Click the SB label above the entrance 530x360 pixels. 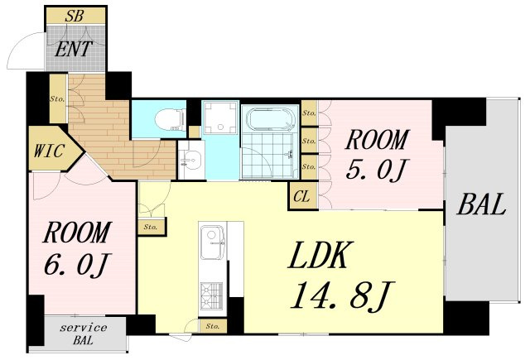tap(75, 16)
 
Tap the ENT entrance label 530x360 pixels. tap(74, 49)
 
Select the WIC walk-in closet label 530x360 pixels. tap(49, 151)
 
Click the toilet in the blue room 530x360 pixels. tap(170, 119)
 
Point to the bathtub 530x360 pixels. tap(272, 119)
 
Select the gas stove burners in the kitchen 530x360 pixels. tap(212, 296)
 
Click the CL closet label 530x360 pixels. tap(301, 196)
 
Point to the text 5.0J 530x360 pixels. tap(375, 169)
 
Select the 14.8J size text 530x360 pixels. tap(341, 295)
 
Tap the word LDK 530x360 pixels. tap(320, 255)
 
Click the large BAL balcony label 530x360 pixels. tap(482, 204)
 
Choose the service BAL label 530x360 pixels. tap(84, 334)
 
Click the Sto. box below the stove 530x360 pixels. tap(213, 326)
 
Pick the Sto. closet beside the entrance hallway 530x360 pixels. tap(58, 98)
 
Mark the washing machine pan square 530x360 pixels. tap(221, 118)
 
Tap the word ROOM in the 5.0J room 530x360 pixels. tap(376, 140)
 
